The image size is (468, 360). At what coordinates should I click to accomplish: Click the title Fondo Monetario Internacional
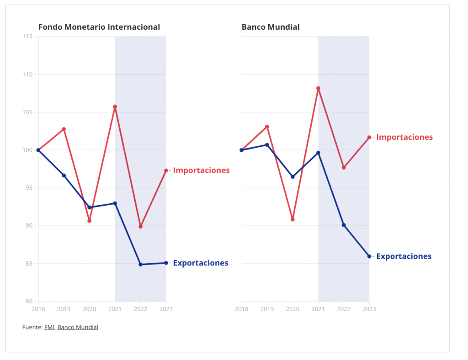[x=99, y=27]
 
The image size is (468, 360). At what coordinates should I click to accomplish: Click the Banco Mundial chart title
[x=271, y=27]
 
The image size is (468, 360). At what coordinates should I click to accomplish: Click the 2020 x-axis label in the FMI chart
[x=90, y=309]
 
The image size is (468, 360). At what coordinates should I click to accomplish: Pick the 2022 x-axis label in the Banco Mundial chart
[x=344, y=309]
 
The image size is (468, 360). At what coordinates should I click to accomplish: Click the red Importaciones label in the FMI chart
[x=201, y=170]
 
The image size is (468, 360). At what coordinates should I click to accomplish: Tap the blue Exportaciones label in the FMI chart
[x=201, y=263]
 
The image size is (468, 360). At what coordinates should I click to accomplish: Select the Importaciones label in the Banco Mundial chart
[x=404, y=137]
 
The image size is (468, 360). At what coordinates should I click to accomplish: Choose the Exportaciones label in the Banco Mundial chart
[x=404, y=256]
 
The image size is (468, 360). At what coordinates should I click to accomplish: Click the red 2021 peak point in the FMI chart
[x=115, y=107]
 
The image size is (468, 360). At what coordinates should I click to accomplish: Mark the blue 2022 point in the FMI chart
[x=141, y=265]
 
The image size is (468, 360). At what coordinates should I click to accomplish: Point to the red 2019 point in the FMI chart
[x=64, y=129]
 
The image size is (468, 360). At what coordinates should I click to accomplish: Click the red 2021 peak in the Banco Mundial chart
[x=318, y=88]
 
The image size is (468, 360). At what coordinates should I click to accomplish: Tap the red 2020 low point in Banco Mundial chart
[x=292, y=219]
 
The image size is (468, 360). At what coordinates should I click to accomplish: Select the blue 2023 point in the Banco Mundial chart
[x=369, y=256]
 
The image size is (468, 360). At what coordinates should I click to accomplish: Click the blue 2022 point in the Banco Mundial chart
[x=344, y=225]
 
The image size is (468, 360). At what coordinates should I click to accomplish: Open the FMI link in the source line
[x=49, y=327]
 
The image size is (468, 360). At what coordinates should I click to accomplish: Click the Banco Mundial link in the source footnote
[x=78, y=327]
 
